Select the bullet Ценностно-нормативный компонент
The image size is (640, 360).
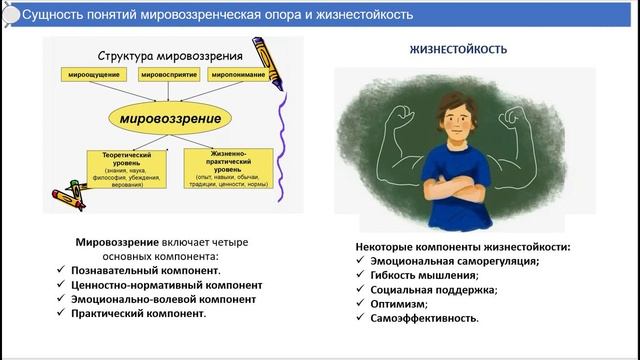pos(169,284)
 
